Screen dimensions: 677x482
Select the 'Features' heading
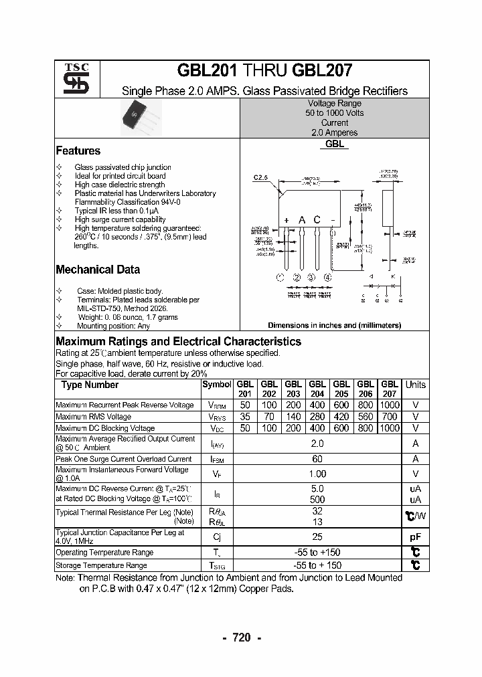coord(78,151)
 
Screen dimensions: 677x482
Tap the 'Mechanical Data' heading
coord(98,270)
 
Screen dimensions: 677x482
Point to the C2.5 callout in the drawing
coord(260,177)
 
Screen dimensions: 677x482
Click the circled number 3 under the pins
coord(311,278)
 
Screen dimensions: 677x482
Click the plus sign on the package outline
coord(286,220)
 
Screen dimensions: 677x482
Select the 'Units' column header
coord(415,385)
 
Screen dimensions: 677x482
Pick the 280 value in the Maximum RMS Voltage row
coord(317,417)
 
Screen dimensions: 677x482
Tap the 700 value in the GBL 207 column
coord(389,417)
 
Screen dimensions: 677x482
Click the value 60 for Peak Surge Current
coord(317,459)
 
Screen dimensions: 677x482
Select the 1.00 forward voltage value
coord(317,474)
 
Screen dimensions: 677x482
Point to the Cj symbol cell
coord(217,537)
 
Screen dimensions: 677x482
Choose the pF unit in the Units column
coord(415,537)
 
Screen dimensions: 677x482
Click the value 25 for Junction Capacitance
coord(317,537)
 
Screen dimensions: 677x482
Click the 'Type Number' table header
coord(90,385)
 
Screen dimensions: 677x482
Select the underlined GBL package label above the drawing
coord(335,144)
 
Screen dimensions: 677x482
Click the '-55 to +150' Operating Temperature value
coord(317,553)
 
